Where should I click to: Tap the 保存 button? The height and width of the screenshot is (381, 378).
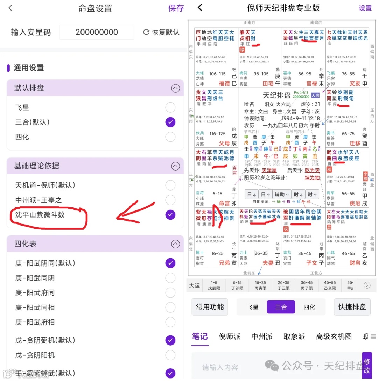[176, 8]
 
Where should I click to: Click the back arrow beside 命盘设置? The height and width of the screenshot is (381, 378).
[10, 8]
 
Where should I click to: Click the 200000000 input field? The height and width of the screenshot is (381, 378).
[97, 32]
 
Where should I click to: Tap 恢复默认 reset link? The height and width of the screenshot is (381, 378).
[161, 32]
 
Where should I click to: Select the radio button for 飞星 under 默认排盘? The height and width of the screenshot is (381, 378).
[170, 107]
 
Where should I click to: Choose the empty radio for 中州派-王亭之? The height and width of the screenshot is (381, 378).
[170, 200]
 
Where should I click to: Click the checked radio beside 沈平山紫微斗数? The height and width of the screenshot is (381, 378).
[170, 214]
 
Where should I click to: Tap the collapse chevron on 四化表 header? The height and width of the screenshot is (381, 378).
[175, 243]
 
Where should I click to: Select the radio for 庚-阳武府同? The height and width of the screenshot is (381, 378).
[170, 293]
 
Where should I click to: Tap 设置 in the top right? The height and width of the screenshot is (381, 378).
[365, 8]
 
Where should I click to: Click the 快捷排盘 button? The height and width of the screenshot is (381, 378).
[352, 307]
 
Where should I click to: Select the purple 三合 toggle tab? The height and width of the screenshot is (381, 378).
[281, 307]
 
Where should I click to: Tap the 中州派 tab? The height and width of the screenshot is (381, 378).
[262, 336]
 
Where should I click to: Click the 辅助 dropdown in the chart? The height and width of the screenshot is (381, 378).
[282, 194]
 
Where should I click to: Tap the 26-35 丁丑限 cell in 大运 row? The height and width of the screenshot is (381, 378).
[283, 285]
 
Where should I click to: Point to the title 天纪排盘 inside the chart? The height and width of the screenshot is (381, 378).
[276, 95]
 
